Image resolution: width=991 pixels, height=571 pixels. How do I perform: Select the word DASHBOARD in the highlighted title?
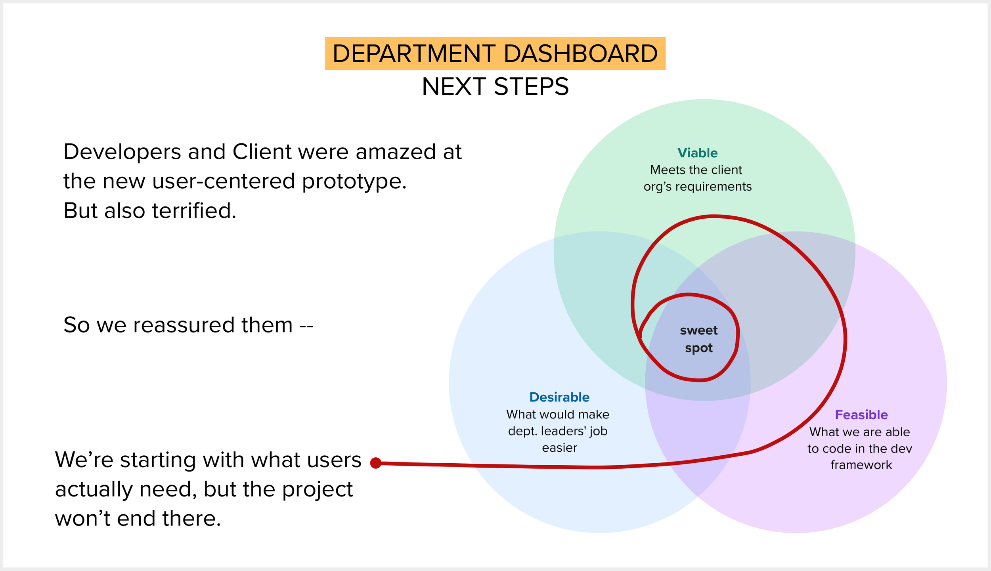pos(581,54)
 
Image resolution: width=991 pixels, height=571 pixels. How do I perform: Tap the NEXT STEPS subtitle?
pos(495,87)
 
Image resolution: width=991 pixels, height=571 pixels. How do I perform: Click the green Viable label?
pos(697,153)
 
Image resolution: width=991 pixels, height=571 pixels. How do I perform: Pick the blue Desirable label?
pos(559,397)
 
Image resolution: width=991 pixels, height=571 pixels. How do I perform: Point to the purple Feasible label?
pos(861,414)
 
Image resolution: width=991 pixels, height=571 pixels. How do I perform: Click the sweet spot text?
pos(699,339)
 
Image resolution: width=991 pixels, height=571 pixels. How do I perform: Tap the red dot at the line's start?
pos(376,463)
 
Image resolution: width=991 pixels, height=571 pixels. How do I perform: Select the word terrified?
pos(194,210)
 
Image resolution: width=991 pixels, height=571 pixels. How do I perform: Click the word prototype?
pos(354,181)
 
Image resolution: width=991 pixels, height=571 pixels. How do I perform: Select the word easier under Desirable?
pos(559,448)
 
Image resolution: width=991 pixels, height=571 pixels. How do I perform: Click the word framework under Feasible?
pos(861,465)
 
